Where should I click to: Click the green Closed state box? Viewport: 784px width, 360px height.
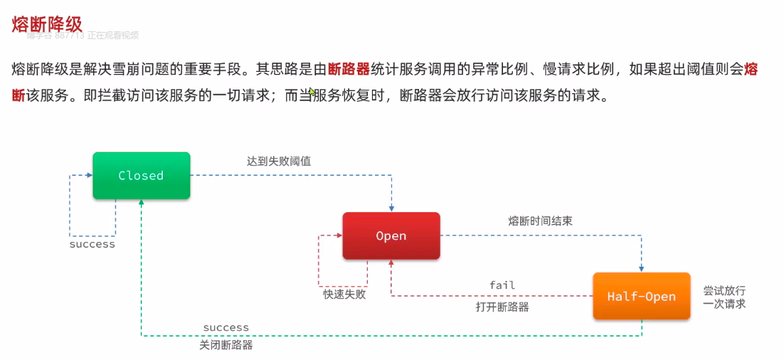141,176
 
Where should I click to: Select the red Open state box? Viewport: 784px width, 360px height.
391,235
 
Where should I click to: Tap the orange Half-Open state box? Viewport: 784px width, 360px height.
641,296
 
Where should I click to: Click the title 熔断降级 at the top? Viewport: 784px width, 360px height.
47,23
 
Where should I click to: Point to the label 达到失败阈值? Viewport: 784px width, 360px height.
278,162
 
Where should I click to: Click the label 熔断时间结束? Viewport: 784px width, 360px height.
540,221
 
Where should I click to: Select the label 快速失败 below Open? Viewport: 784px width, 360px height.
344,294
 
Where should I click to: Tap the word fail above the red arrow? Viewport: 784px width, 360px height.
502,285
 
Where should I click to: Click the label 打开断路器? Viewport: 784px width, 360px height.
502,307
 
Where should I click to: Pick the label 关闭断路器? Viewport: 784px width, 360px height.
226,346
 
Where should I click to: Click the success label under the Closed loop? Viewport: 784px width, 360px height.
92,244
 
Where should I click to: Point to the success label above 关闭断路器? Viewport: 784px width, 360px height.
226,328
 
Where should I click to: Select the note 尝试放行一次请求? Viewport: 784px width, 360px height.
724,297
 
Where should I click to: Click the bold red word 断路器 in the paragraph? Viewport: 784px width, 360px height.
349,69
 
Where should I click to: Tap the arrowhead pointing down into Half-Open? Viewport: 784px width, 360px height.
641,268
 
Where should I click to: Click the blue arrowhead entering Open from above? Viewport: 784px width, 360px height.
391,208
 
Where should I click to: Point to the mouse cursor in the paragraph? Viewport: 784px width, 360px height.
312,92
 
